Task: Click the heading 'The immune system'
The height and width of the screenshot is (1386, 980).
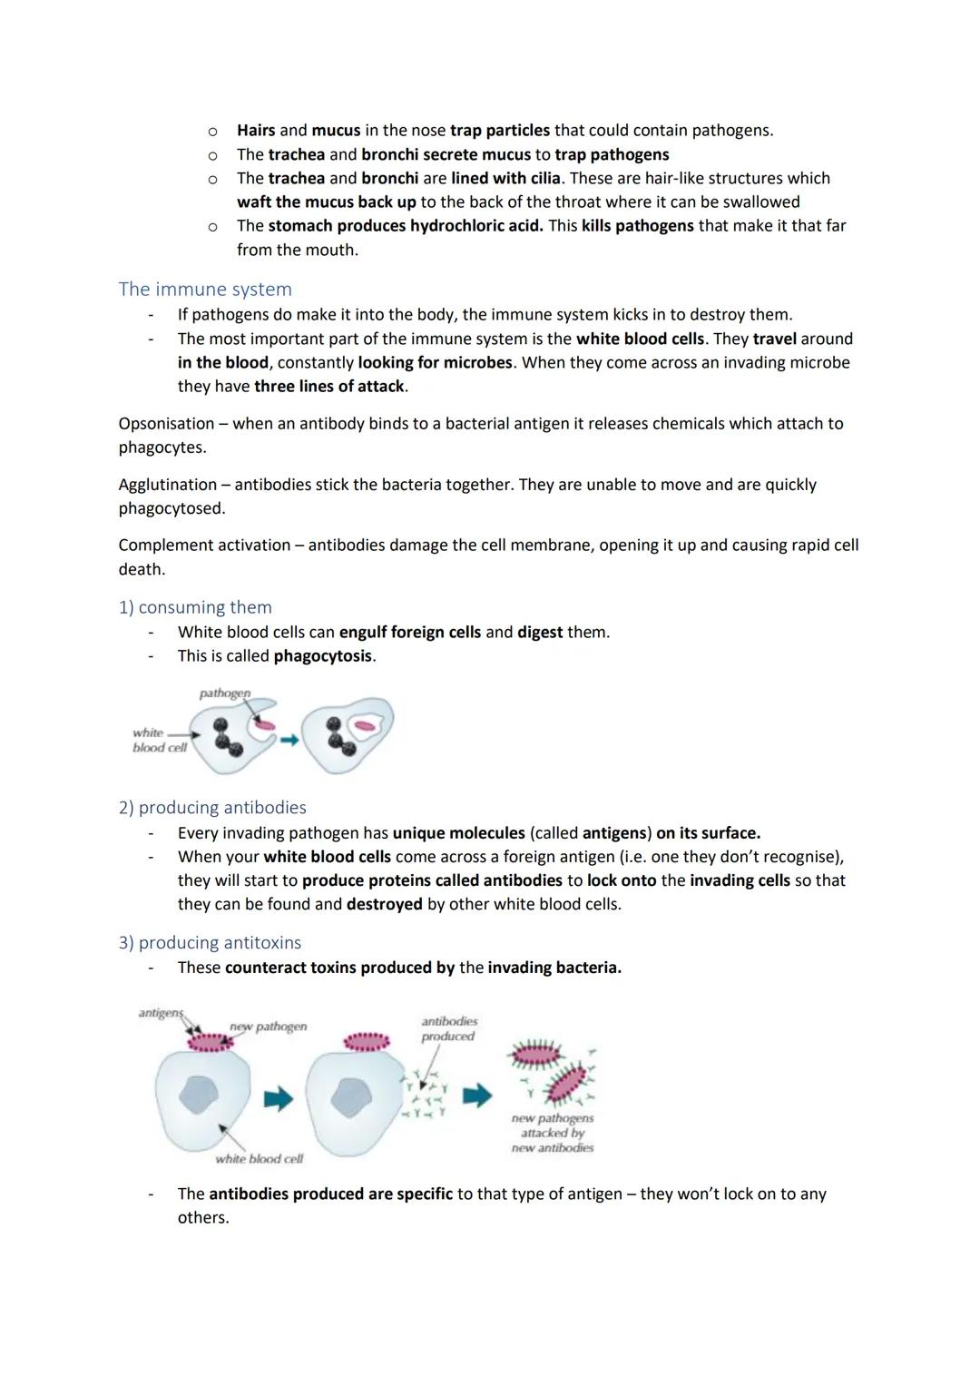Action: pyautogui.click(x=205, y=290)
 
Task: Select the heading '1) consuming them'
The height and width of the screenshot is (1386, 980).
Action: pyautogui.click(x=195, y=607)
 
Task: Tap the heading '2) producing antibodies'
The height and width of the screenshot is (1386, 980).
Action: pyautogui.click(x=212, y=808)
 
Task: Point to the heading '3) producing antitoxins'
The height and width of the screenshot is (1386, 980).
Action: pyautogui.click(x=210, y=943)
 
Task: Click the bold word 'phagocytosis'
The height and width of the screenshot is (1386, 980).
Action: pyautogui.click(x=323, y=656)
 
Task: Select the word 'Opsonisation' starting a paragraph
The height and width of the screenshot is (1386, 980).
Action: pyautogui.click(x=166, y=424)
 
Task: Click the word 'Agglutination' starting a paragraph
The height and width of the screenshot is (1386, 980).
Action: pyautogui.click(x=167, y=485)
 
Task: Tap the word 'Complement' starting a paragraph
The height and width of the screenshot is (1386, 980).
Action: pyautogui.click(x=164, y=546)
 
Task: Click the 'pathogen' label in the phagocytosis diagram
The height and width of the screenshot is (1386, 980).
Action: pyautogui.click(x=224, y=693)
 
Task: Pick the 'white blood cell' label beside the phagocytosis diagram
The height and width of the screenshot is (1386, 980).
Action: pyautogui.click(x=159, y=740)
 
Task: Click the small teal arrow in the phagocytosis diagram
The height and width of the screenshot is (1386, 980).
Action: pyautogui.click(x=289, y=741)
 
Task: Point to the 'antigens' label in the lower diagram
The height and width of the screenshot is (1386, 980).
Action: pyautogui.click(x=160, y=1013)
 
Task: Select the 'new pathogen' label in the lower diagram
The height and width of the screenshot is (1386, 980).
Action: pyautogui.click(x=268, y=1027)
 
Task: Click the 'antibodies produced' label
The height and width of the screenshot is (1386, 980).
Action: pyautogui.click(x=448, y=1028)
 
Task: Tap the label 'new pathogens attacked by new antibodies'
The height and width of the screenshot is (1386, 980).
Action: pyautogui.click(x=552, y=1133)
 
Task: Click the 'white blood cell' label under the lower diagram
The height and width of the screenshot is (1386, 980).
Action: pyautogui.click(x=259, y=1159)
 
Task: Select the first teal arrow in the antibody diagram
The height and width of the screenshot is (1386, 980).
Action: pyautogui.click(x=279, y=1099)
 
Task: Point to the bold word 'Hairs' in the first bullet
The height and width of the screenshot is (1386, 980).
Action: pyautogui.click(x=256, y=131)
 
